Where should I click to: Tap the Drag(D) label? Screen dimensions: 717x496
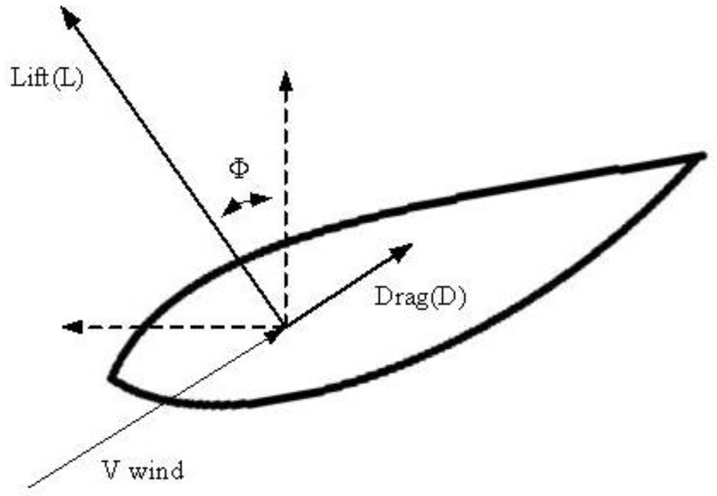[420, 297]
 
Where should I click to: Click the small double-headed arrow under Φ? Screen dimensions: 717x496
[246, 203]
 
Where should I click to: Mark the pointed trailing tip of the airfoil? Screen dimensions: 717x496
[702, 156]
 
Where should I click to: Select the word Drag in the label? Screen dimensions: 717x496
[400, 297]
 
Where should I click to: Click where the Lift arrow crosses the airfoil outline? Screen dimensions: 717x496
[239, 261]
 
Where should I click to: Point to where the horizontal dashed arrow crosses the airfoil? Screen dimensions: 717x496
[142, 327]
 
